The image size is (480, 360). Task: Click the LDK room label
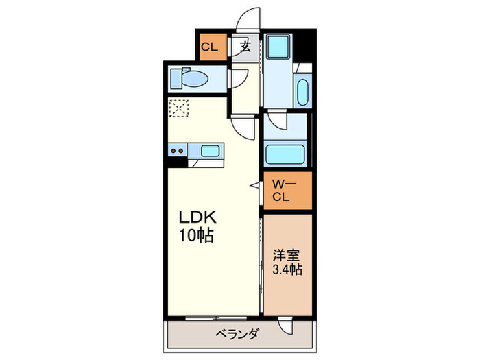198,218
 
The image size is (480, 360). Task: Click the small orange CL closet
211,47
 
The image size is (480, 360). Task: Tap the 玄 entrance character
245,47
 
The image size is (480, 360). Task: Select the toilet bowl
197,80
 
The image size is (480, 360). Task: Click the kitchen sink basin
208,150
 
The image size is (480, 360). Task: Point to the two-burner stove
177,150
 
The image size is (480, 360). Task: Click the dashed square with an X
178,108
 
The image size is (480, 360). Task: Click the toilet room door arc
237,77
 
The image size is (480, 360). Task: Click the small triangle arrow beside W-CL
254,184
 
